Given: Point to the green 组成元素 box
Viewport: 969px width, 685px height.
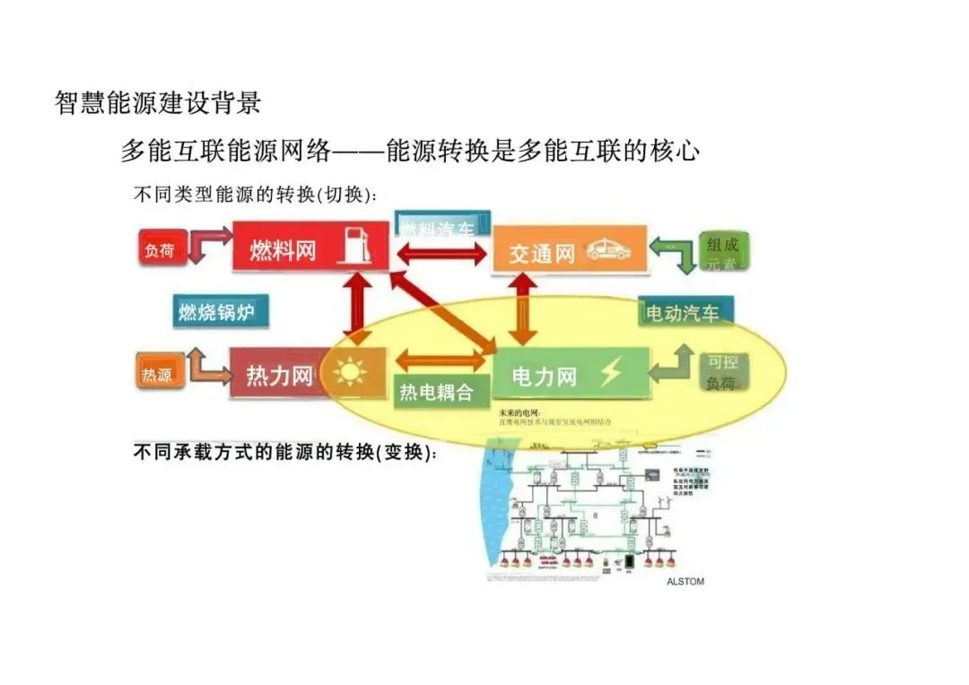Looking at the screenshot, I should [723, 254].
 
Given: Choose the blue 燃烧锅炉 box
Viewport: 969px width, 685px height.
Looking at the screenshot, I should [218, 312].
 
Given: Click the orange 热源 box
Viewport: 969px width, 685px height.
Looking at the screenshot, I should [157, 374].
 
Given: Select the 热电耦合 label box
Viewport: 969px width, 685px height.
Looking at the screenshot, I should [436, 392].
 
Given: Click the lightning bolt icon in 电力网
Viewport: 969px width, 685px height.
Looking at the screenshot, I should [611, 371].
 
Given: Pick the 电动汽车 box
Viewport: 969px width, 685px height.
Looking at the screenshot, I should [685, 313].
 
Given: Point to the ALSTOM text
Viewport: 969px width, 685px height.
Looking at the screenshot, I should [685, 581].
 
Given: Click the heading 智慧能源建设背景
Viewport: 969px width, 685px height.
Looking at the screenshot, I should [158, 103].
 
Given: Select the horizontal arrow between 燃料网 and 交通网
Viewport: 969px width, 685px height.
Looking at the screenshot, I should [441, 253].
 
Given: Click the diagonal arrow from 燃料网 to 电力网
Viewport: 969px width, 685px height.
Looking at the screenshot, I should [441, 309].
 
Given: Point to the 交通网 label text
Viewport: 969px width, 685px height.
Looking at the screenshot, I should [542, 254].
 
